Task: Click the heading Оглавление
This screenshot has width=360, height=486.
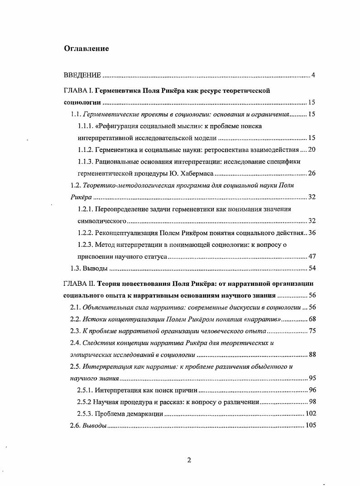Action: click(86, 49)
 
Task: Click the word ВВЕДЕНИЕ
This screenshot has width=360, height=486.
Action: click(82, 75)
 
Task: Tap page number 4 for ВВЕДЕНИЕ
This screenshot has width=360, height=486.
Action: click(313, 75)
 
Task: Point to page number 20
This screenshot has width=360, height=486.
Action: click(311, 149)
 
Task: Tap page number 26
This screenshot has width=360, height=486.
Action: click(311, 173)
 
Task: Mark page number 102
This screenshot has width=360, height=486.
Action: click(310, 413)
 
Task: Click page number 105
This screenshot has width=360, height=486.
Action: click(310, 425)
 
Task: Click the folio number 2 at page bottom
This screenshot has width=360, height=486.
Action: click(189, 460)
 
